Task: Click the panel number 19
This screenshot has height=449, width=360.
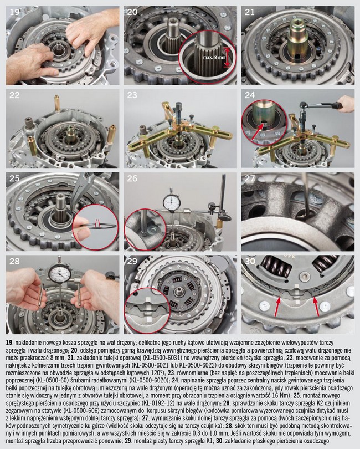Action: [14, 12]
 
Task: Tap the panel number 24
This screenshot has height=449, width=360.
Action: [250, 95]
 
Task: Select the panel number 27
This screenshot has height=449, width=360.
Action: [250, 178]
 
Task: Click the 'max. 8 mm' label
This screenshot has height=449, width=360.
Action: [214, 57]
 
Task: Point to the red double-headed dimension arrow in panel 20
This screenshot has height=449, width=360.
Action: [227, 57]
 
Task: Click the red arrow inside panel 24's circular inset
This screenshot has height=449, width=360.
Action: [258, 131]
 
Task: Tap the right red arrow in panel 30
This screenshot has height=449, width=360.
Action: [316, 307]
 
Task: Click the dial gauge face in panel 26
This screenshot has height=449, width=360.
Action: [171, 202]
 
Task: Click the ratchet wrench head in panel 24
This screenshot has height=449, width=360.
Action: [304, 106]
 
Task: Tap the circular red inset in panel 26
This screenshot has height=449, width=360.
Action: [145, 229]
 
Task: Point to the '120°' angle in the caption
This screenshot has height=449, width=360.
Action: [157, 373]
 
